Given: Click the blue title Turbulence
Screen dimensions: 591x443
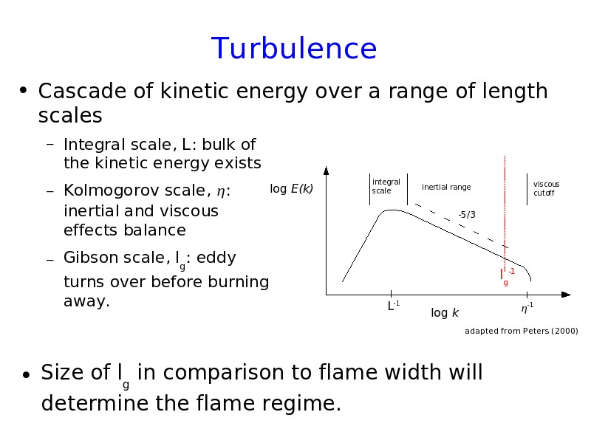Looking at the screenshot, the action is click(294, 48).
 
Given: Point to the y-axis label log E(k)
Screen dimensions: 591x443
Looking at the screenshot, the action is click(291, 189).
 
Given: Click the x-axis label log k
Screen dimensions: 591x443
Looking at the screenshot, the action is click(445, 312).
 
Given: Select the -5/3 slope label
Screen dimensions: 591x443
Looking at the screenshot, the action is click(467, 215).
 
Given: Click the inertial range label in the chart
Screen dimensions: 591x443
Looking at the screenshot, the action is click(446, 188).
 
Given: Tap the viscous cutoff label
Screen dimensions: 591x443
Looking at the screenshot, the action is click(546, 188).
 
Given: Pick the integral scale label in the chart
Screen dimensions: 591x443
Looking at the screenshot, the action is click(386, 186).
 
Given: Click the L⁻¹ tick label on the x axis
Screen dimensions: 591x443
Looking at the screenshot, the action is click(394, 306).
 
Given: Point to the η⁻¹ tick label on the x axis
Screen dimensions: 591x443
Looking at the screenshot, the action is click(527, 308).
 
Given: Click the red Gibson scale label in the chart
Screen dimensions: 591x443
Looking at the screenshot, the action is click(508, 276).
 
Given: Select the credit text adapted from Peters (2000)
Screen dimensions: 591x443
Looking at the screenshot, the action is click(522, 331).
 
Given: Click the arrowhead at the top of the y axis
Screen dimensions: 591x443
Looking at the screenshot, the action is click(326, 171).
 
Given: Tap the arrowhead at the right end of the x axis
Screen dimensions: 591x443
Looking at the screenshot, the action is click(566, 295).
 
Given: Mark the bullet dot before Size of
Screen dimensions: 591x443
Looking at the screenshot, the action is click(26, 374).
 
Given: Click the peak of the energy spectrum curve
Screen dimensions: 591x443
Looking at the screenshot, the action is click(392, 210).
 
